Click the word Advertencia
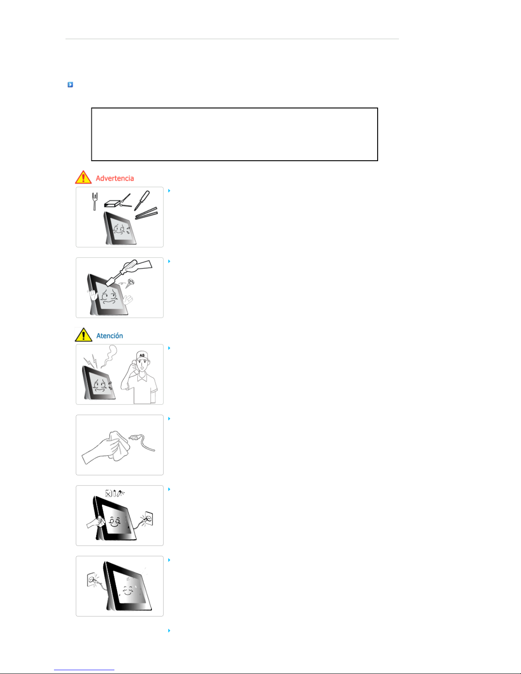click(115, 178)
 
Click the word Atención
click(109, 336)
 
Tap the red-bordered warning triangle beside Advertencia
click(83, 177)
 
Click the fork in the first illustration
click(94, 201)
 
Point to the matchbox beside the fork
click(112, 203)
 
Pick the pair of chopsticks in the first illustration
click(146, 213)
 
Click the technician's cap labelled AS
click(142, 356)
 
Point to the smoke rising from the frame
click(109, 356)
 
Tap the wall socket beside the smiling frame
click(148, 519)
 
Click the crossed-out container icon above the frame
click(108, 493)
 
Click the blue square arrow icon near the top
click(71, 84)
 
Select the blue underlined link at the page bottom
click(84, 670)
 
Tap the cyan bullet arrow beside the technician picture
click(169, 348)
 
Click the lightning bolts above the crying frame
click(90, 361)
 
